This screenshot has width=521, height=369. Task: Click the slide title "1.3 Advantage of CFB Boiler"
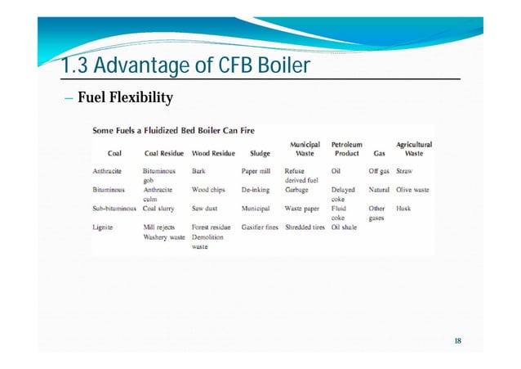(186, 65)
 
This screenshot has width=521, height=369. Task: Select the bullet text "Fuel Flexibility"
(125, 99)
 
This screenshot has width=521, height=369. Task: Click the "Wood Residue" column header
(213, 153)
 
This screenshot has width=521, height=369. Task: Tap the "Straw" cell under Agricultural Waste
(404, 171)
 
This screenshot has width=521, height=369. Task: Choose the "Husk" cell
(403, 208)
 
